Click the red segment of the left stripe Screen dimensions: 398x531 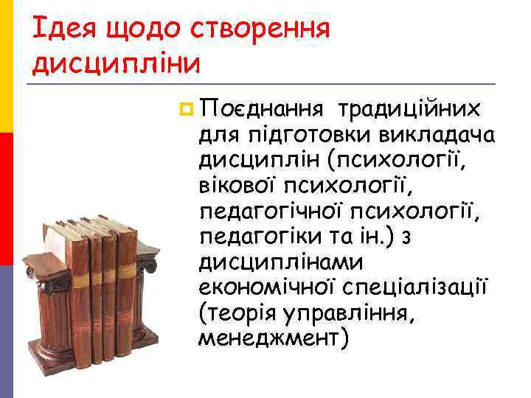coord(6,199)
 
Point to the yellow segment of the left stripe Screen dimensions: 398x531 coord(6,66)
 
